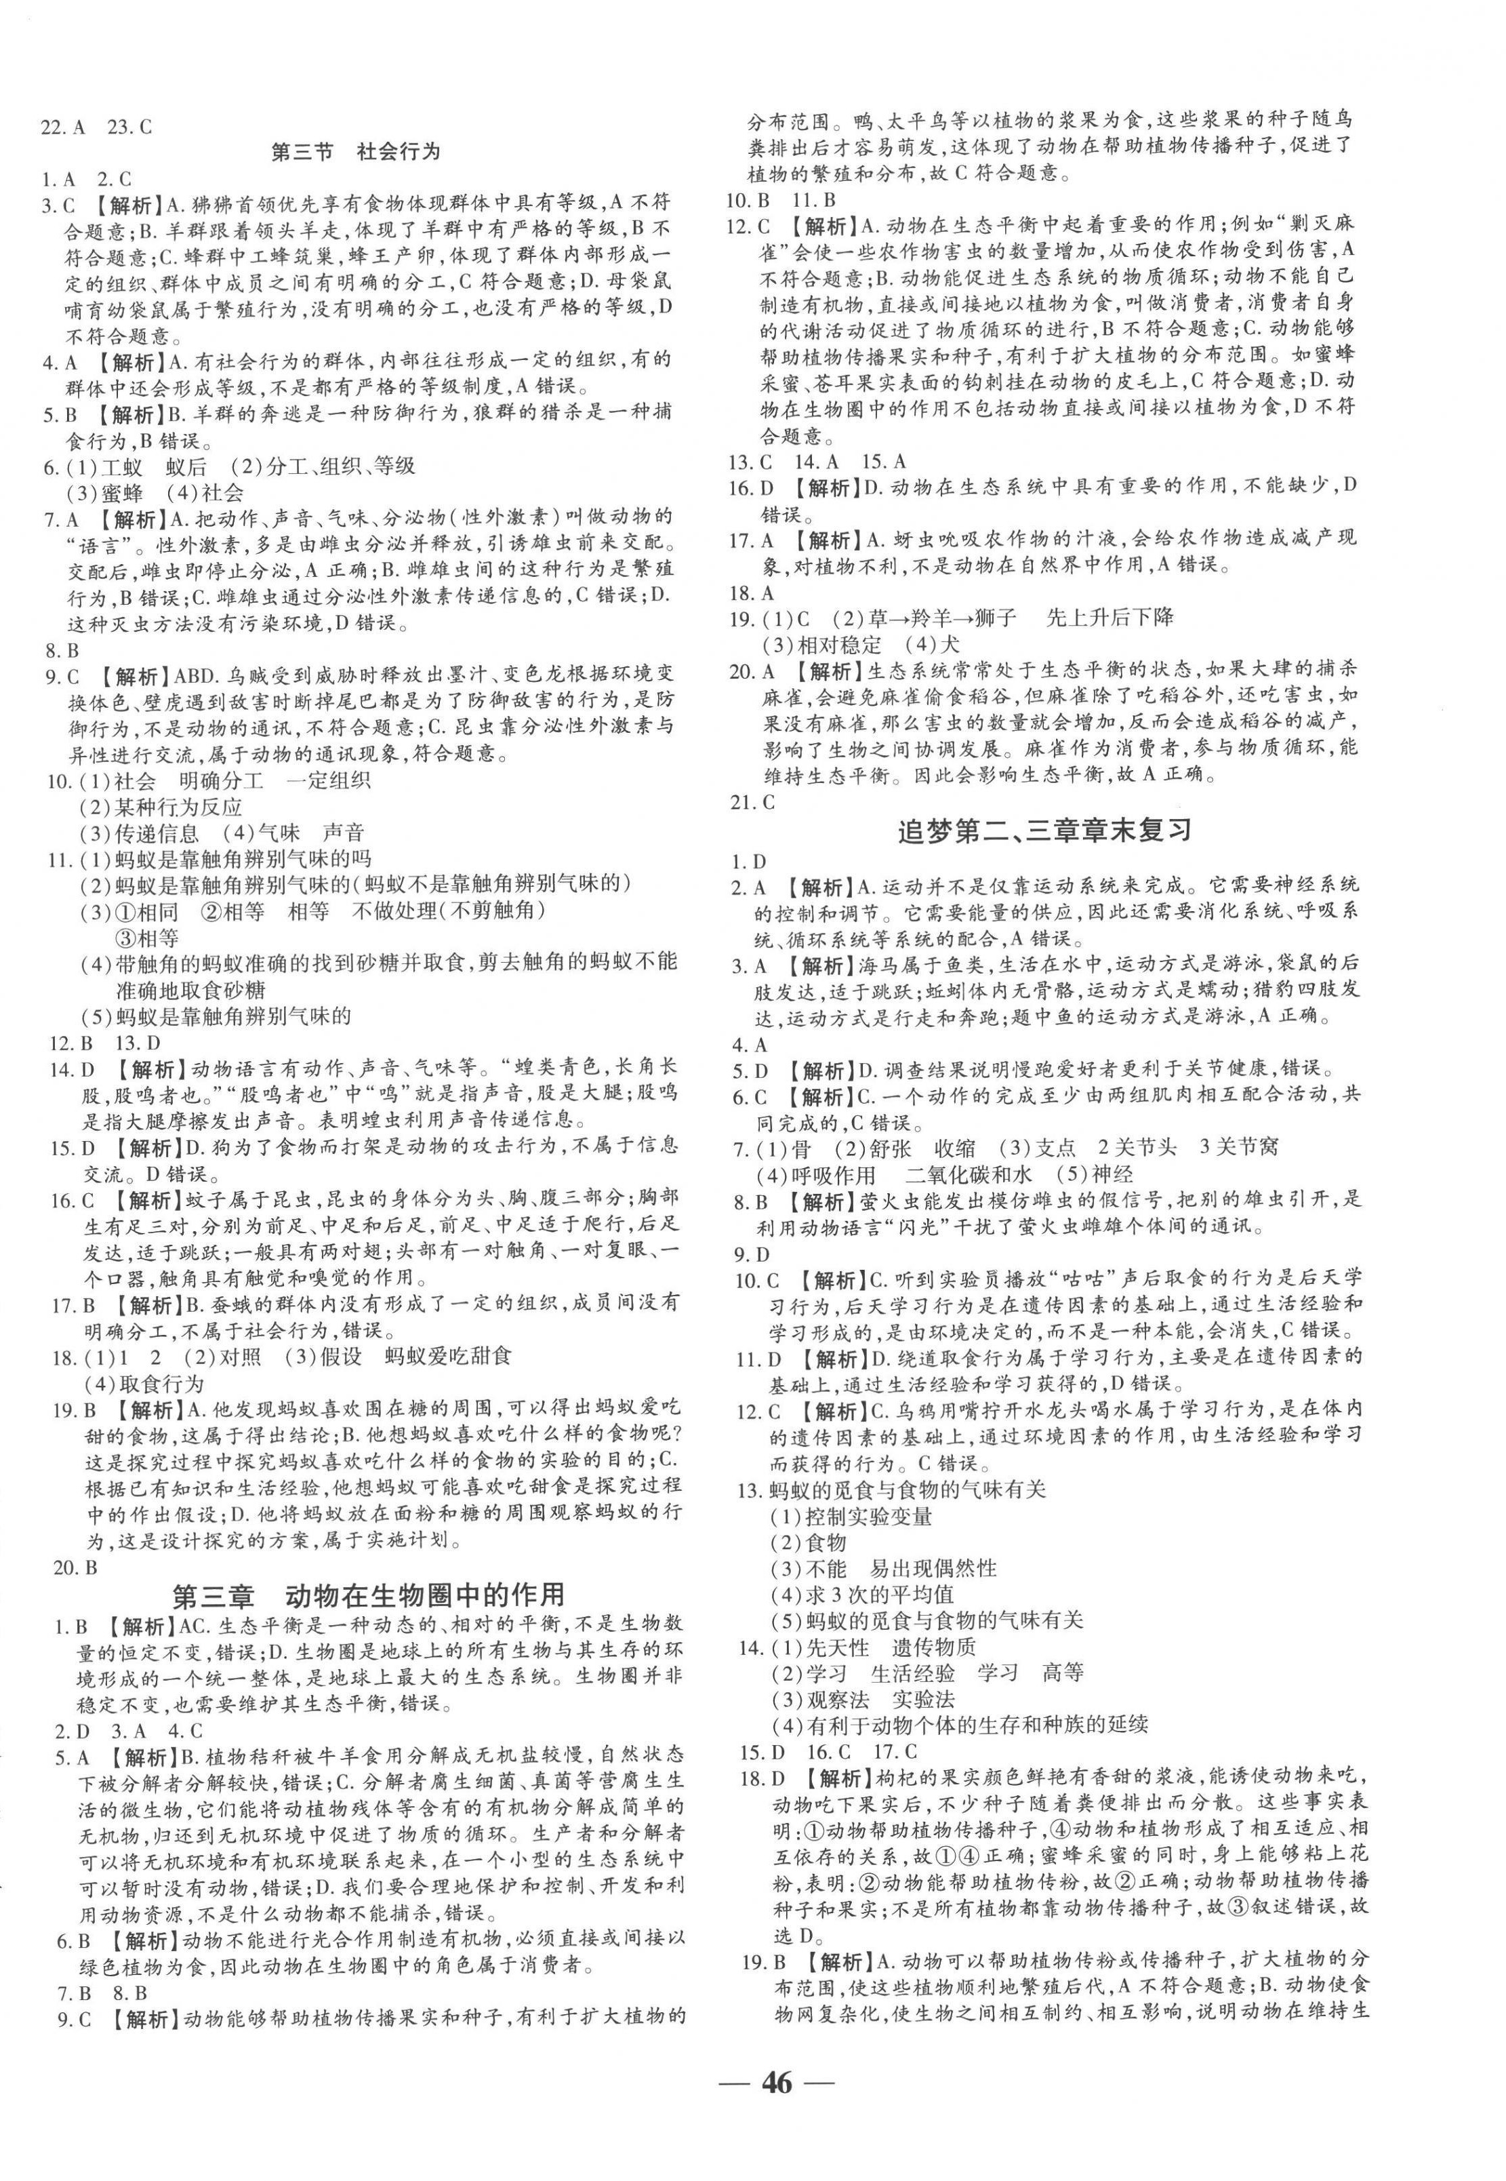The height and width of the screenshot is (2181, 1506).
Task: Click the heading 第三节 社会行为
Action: coord(356,152)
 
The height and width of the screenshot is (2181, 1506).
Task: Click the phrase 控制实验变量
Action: coord(868,1516)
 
